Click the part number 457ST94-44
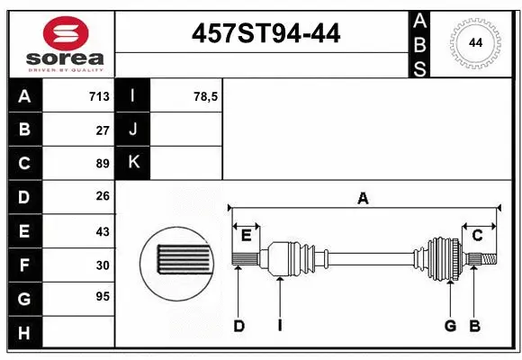[266, 34]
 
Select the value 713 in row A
[99, 96]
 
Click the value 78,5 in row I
[206, 96]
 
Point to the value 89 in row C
[103, 164]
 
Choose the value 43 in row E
[103, 231]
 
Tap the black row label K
[133, 163]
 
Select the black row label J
[133, 130]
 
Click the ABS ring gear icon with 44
[473, 43]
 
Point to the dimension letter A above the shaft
[363, 198]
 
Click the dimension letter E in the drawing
[246, 236]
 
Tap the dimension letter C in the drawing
[478, 236]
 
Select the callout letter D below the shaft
[238, 326]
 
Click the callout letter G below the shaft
[450, 326]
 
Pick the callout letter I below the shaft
[280, 326]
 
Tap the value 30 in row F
[103, 265]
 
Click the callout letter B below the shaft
[474, 326]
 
